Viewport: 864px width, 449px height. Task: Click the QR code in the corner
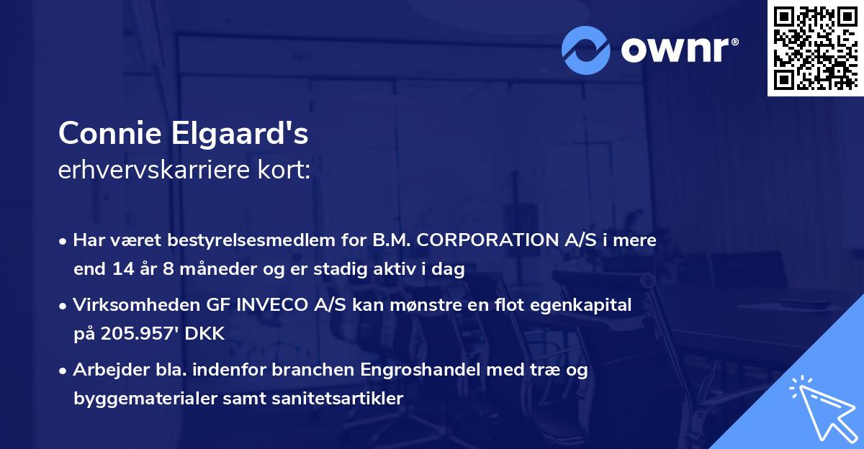[815, 48]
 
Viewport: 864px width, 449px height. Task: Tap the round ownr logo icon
[586, 50]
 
